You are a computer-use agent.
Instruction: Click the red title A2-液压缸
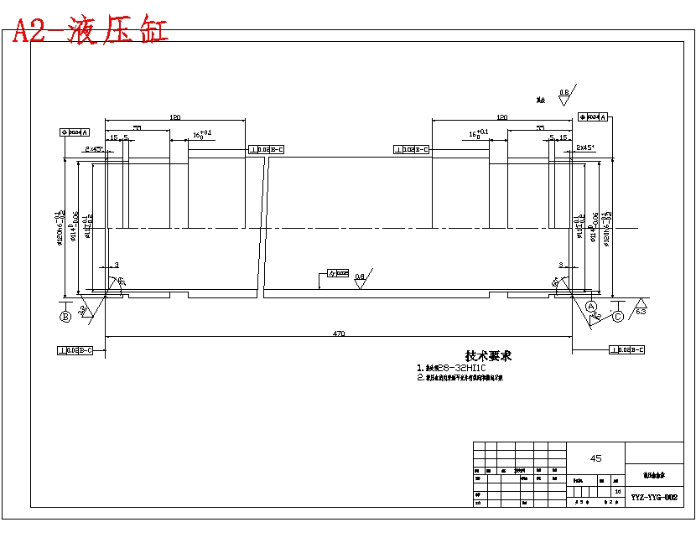tap(90, 31)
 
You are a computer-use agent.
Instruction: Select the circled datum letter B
tap(65, 316)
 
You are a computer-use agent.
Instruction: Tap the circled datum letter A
tap(591, 308)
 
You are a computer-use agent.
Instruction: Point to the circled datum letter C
tap(617, 316)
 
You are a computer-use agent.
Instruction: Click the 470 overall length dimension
tap(339, 333)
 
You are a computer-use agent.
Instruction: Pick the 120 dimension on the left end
tap(175, 118)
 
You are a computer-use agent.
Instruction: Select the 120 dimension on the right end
tap(501, 118)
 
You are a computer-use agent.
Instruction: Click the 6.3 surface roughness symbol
tap(640, 308)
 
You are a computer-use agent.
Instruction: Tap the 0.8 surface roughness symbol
tap(564, 94)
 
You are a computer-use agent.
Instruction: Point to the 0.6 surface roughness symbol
tap(360, 279)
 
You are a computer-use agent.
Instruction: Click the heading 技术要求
tap(488, 355)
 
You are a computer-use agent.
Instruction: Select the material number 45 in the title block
tap(596, 458)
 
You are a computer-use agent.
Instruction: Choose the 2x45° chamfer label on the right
tap(584, 147)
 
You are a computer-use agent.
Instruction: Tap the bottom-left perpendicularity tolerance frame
tap(75, 349)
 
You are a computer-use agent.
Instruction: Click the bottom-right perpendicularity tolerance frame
tap(629, 349)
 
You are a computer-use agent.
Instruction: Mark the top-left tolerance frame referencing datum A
tap(75, 132)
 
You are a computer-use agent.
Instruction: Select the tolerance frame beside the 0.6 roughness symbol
tap(338, 273)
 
